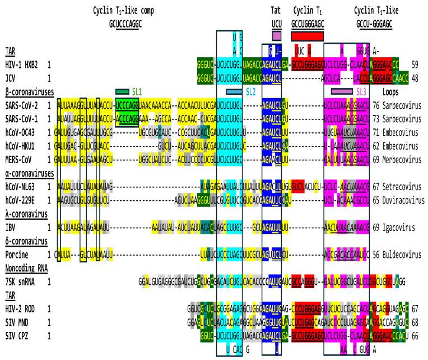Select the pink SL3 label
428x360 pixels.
click(364, 91)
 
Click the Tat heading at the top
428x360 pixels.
click(276, 11)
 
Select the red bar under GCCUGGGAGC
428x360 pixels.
click(307, 36)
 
